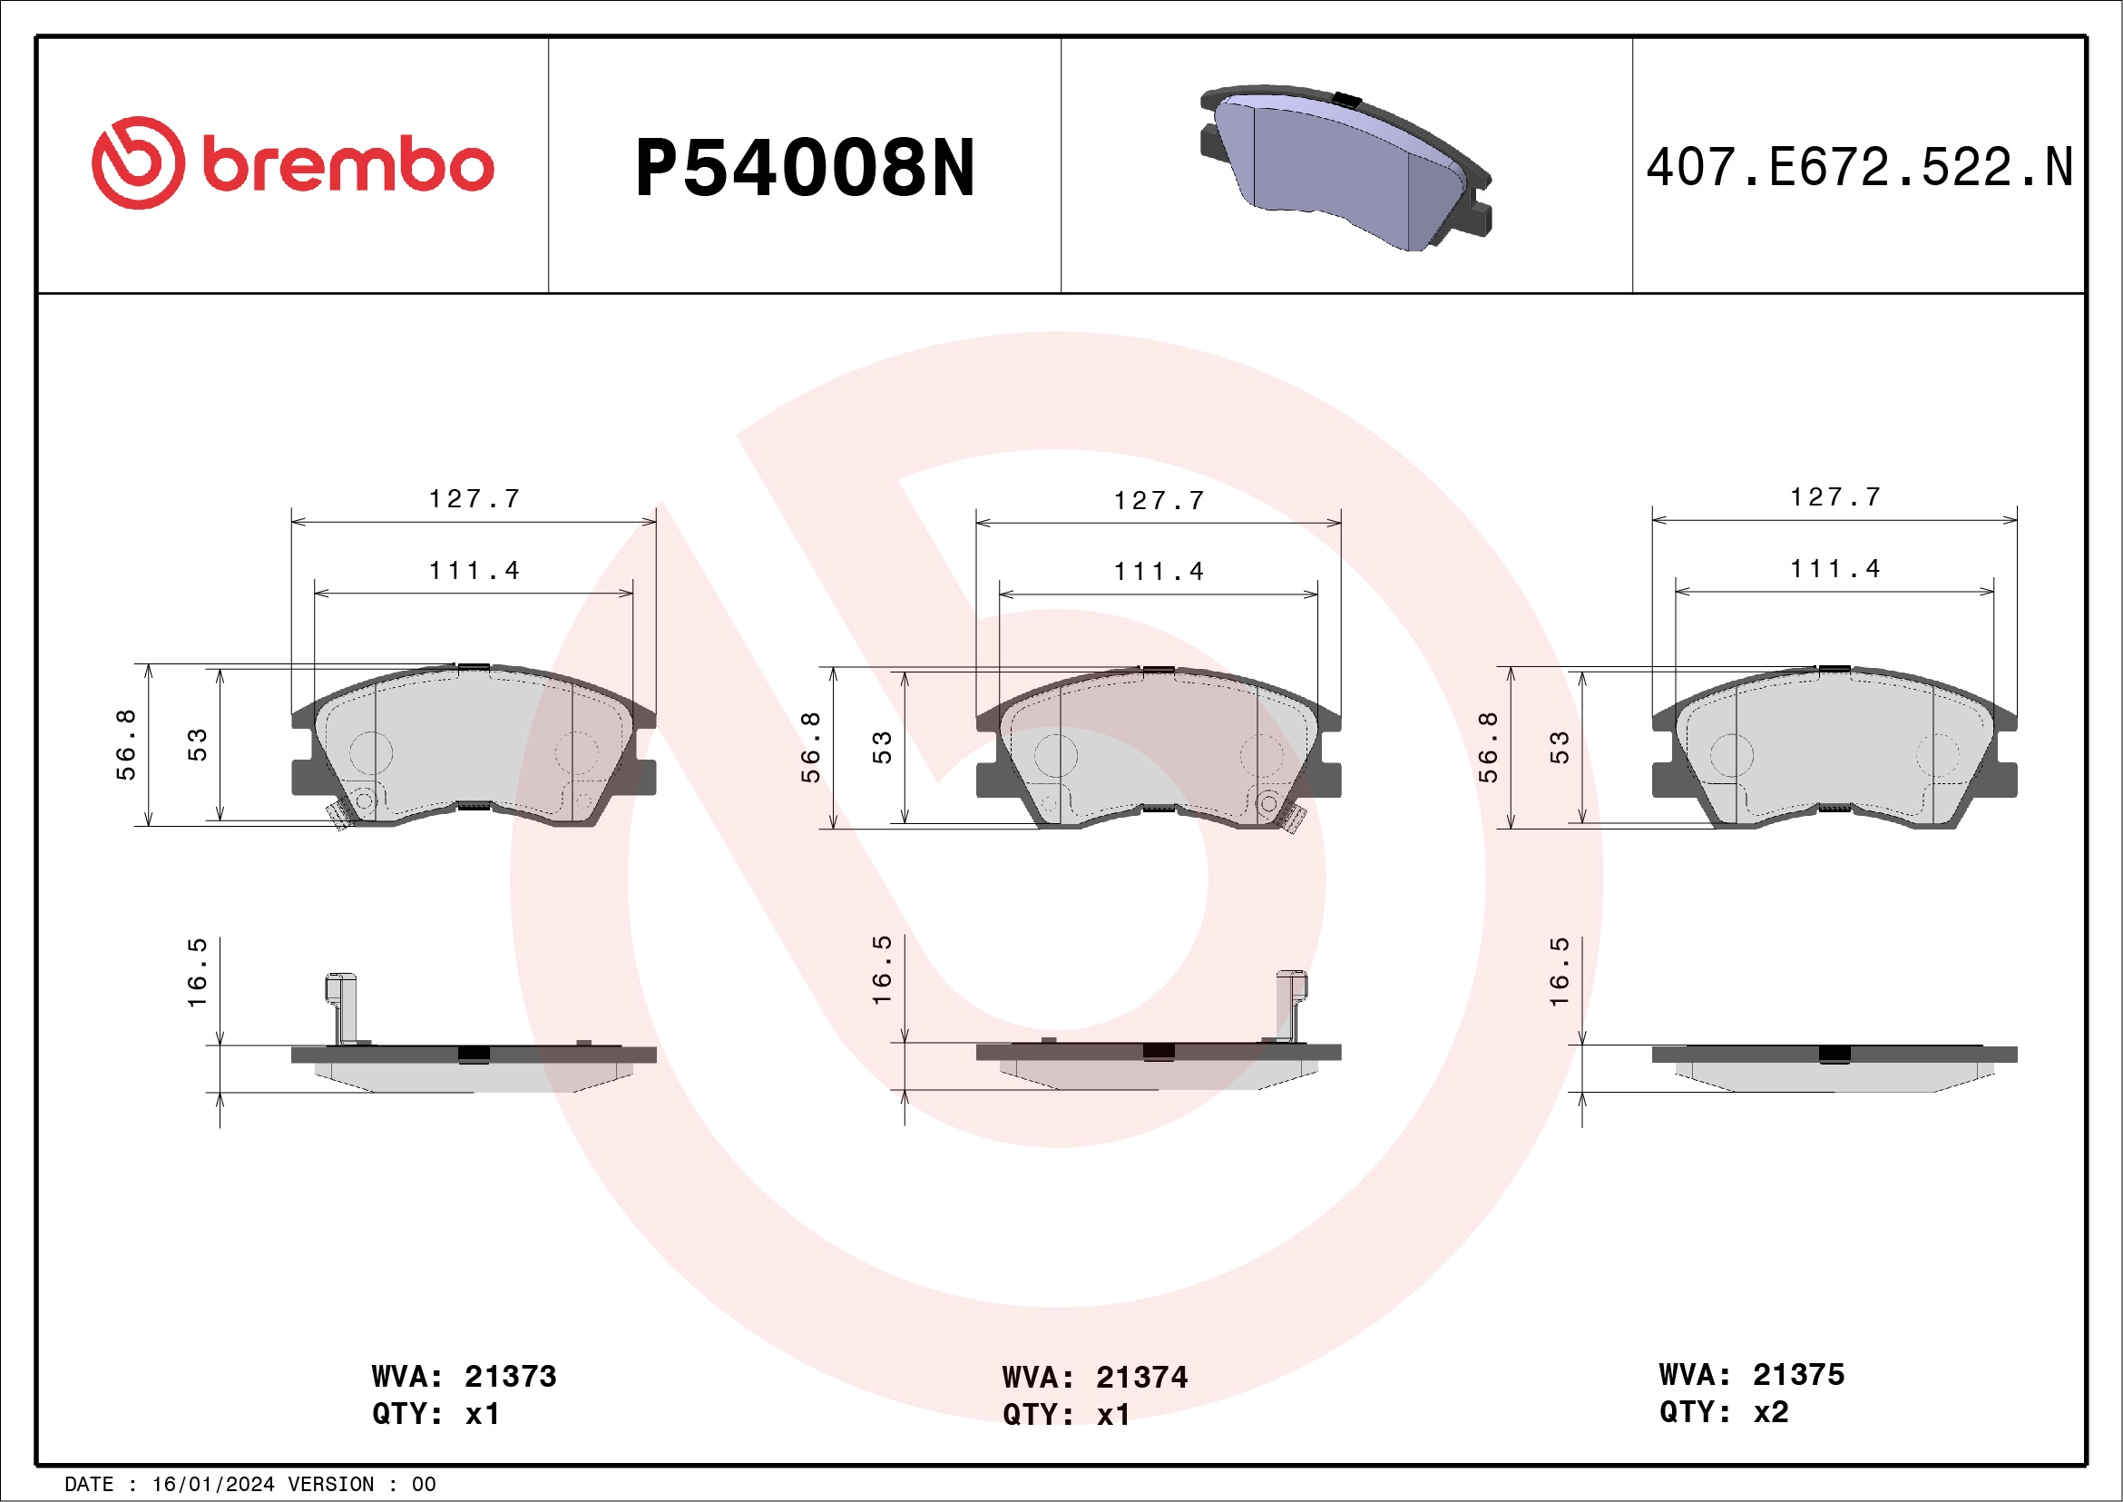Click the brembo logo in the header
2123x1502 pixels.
pyautogui.click(x=292, y=163)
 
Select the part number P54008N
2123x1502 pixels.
pyautogui.click(x=805, y=168)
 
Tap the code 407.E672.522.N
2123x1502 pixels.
pyautogui.click(x=1859, y=168)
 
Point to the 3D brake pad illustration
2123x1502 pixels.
pyautogui.click(x=1345, y=168)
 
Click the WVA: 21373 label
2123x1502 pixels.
pyautogui.click(x=464, y=1376)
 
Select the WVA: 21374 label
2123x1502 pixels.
pyautogui.click(x=1094, y=1377)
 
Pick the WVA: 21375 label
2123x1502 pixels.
pyautogui.click(x=1751, y=1374)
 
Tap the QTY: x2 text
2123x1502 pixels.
pyautogui.click(x=1724, y=1411)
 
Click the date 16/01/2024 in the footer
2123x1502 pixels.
pyautogui.click(x=212, y=1485)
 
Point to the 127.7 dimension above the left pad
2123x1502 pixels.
pyautogui.click(x=474, y=499)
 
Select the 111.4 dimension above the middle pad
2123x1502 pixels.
pyautogui.click(x=1159, y=572)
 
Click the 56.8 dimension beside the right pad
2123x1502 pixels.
pyautogui.click(x=1487, y=747)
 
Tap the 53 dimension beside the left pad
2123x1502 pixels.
pyautogui.click(x=197, y=744)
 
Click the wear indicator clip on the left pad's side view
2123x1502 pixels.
pyautogui.click(x=341, y=1006)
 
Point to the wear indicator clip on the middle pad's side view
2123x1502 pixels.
pyautogui.click(x=1291, y=1004)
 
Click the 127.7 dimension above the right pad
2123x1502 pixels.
pyautogui.click(x=1834, y=497)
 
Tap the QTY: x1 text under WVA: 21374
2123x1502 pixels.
pyautogui.click(x=1065, y=1414)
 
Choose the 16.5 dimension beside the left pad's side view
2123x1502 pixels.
pyautogui.click(x=197, y=972)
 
